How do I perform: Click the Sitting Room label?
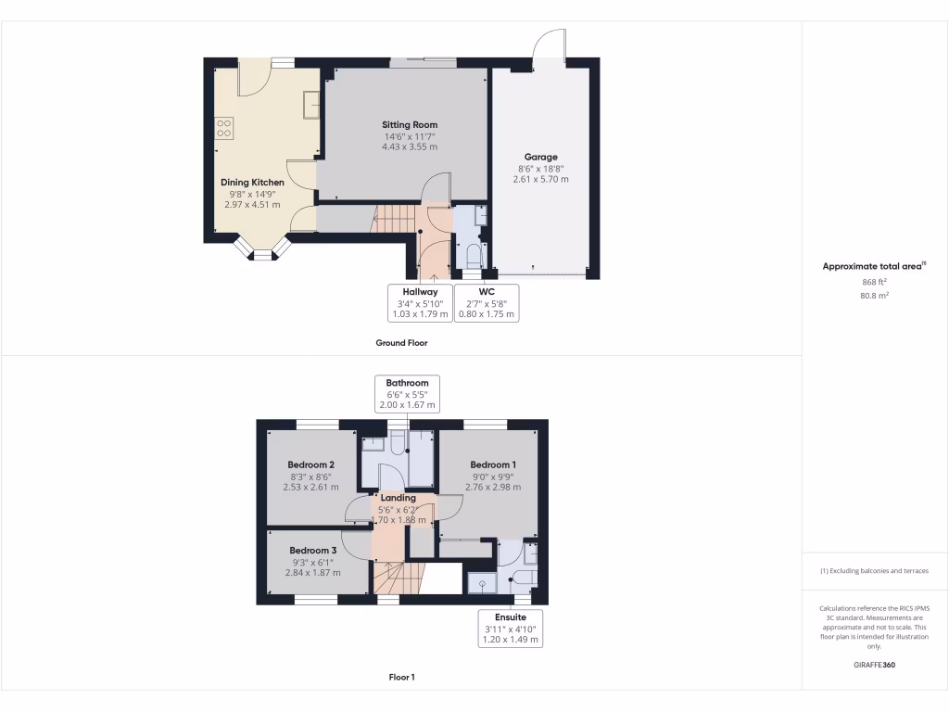click(410, 124)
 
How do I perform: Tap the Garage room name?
click(540, 157)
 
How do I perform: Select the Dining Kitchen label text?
click(252, 183)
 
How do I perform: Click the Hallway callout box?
click(420, 303)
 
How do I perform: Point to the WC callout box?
click(487, 303)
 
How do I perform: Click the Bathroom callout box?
click(407, 394)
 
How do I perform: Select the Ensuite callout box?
click(510, 628)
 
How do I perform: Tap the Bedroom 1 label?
click(493, 464)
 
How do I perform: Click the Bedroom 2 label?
click(310, 464)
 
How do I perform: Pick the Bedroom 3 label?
click(312, 550)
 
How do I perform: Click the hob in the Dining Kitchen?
click(223, 127)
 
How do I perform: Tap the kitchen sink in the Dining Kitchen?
click(311, 108)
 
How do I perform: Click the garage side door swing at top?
click(550, 45)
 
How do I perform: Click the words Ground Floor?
click(401, 342)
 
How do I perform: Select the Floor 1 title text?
click(401, 677)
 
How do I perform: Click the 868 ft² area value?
click(874, 281)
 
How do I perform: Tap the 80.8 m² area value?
click(874, 296)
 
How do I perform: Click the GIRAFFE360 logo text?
click(874, 665)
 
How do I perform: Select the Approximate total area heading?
click(874, 266)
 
